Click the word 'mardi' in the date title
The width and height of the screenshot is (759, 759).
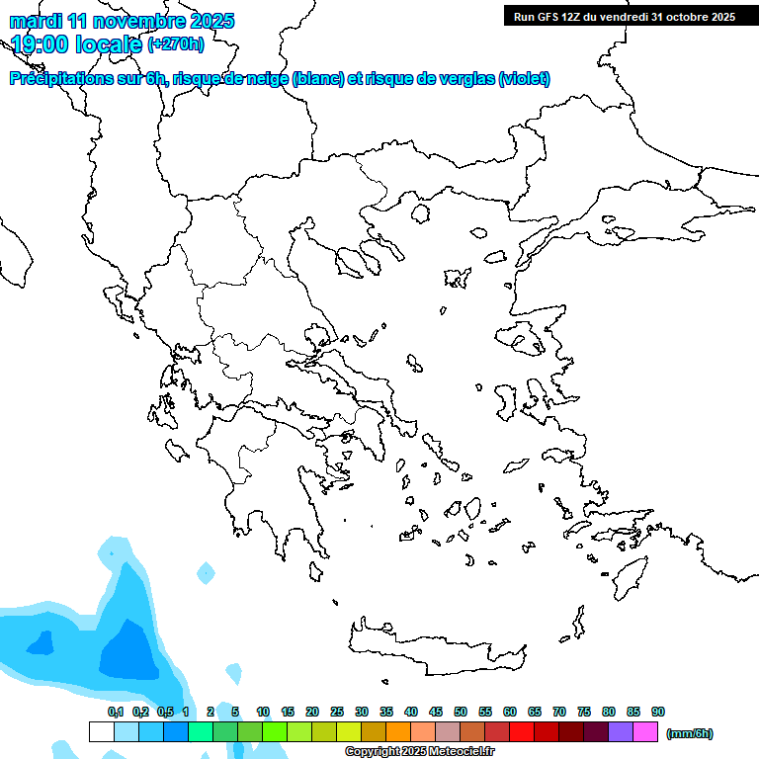point(35,20)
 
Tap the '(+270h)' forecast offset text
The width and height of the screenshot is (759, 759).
point(175,43)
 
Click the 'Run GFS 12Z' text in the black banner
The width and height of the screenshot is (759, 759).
point(548,16)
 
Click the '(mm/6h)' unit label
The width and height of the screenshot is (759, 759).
point(690,733)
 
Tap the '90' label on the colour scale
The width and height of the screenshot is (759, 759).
point(658,712)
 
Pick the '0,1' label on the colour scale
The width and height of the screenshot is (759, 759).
point(116,712)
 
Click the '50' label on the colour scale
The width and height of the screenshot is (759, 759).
point(461,712)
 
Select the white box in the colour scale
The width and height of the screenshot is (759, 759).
point(102,732)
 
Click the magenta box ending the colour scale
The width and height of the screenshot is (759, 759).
point(645,732)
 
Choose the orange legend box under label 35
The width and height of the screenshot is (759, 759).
point(398,732)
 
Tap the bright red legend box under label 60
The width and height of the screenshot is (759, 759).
point(522,732)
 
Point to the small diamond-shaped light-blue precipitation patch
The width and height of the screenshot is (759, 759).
point(206,572)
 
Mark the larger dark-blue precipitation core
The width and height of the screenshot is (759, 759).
point(129,651)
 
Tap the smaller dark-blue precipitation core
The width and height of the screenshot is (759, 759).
point(40,643)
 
